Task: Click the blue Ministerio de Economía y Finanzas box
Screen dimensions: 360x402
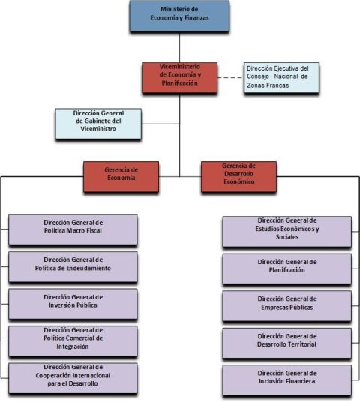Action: [x=179, y=16]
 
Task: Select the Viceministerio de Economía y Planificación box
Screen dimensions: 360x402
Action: [x=180, y=78]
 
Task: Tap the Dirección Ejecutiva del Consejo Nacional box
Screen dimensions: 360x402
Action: [x=281, y=78]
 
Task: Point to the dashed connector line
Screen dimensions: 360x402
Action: [x=230, y=77]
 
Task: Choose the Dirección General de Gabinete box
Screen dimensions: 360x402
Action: [x=98, y=124]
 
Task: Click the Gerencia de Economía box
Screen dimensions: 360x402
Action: [x=121, y=177]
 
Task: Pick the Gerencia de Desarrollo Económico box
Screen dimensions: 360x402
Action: [x=238, y=177]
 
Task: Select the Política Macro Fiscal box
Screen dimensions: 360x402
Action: [x=73, y=230]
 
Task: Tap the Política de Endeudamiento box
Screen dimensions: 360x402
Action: [x=73, y=267]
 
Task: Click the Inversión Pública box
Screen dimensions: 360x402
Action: [x=73, y=304]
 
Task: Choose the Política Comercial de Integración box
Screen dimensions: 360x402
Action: [x=73, y=341]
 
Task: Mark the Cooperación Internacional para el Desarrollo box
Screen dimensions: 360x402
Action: [x=73, y=378]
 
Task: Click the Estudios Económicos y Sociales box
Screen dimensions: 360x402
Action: [x=287, y=232]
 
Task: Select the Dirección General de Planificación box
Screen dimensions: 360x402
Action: [x=287, y=269]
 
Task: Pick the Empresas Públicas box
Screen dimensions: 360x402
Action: [x=287, y=306]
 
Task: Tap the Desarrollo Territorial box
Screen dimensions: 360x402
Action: [x=287, y=343]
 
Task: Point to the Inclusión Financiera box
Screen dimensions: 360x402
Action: [x=287, y=380]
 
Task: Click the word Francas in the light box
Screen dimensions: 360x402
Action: [x=278, y=85]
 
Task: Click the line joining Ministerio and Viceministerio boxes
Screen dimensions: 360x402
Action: [x=179, y=47]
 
